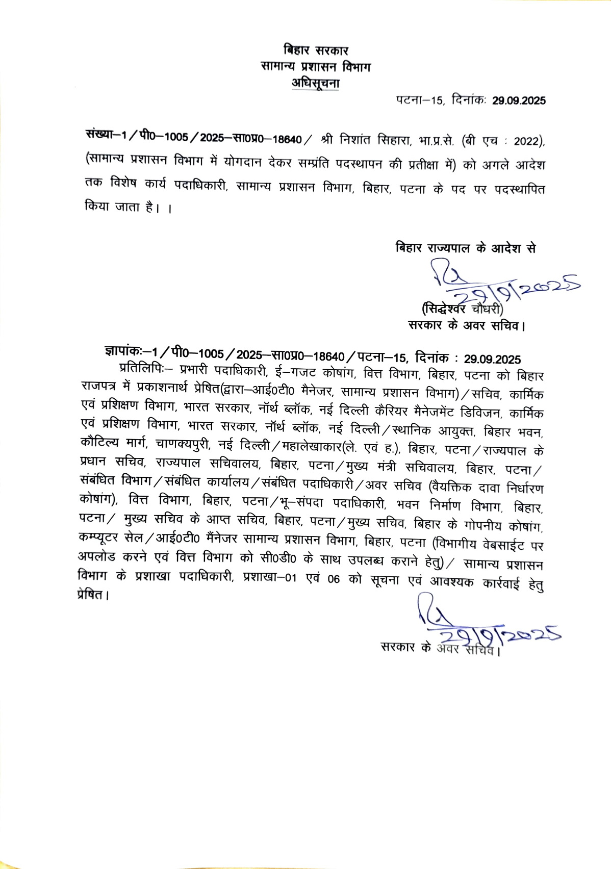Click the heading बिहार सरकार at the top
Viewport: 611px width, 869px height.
[x=316, y=50]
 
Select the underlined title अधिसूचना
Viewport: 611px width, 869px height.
[x=316, y=83]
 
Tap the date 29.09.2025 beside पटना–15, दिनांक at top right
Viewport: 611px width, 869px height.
[x=519, y=100]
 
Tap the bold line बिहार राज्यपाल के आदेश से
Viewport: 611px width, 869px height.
[x=466, y=248]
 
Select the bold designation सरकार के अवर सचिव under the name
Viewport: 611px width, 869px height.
[x=466, y=325]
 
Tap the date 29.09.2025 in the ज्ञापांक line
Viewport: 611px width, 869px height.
[x=492, y=360]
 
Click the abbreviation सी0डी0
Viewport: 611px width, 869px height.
[x=277, y=558]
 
